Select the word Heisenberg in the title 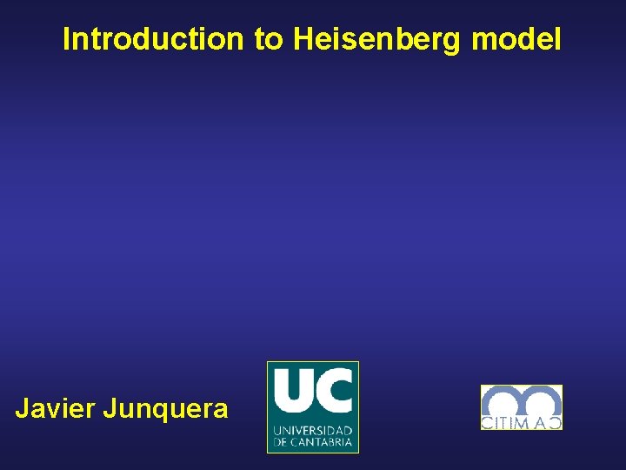(377, 39)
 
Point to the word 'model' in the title (516, 39)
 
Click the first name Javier (55, 408)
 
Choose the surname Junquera (165, 408)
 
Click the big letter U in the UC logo (291, 391)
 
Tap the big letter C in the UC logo (335, 391)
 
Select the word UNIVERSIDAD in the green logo (313, 431)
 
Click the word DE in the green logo (280, 442)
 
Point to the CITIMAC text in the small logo (522, 422)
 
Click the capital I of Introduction (67, 39)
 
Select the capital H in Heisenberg (303, 39)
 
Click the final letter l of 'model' (558, 39)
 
